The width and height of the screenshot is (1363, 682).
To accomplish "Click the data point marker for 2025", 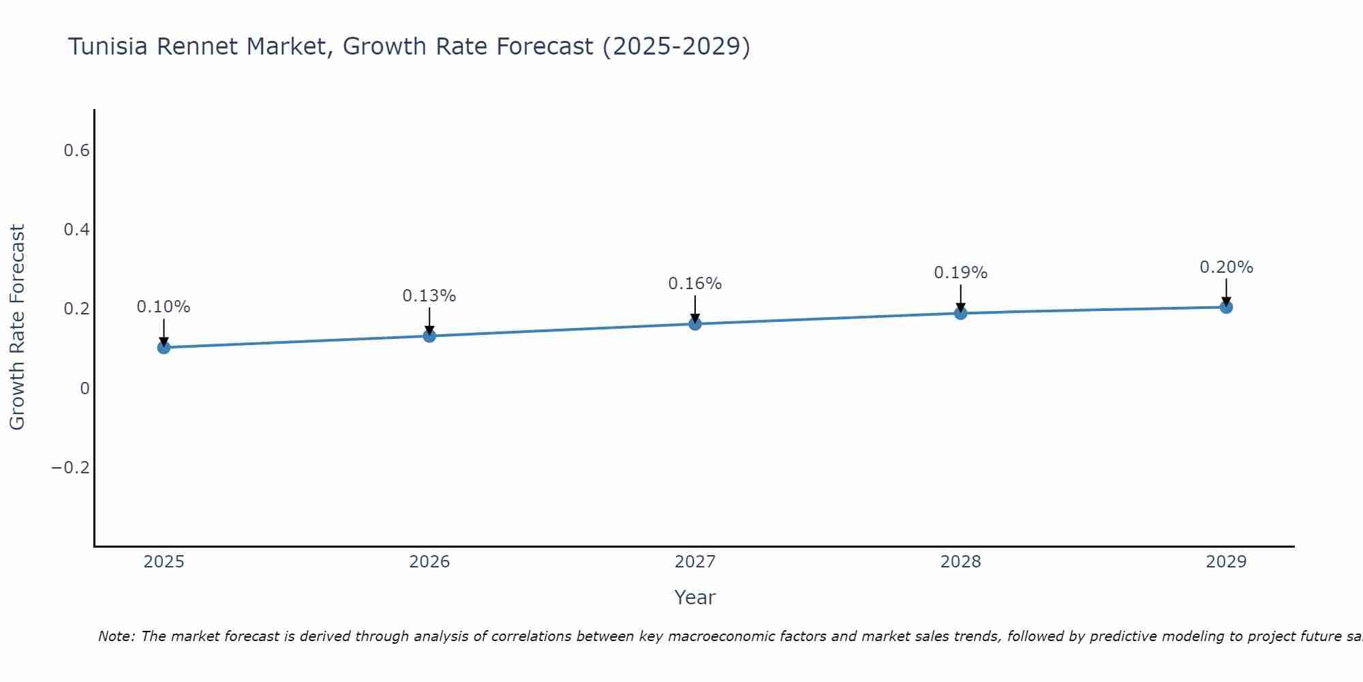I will [x=164, y=347].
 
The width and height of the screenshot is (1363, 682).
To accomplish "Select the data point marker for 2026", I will [x=429, y=336].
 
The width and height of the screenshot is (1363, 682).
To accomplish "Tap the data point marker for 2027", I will [x=695, y=323].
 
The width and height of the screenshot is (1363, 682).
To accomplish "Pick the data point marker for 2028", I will [x=960, y=313].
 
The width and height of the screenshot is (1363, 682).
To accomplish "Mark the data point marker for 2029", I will [x=1226, y=307].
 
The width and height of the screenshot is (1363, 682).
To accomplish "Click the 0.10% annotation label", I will [x=164, y=307].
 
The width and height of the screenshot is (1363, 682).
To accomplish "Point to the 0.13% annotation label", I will [x=429, y=296].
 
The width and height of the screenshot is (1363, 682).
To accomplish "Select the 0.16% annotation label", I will [x=695, y=284].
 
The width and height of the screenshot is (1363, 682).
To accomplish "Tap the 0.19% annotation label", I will [x=960, y=273].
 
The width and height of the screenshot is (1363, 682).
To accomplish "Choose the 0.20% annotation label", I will [x=1226, y=267].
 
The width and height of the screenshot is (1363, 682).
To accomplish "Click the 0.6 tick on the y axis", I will [x=77, y=151].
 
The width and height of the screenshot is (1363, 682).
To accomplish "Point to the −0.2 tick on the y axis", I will [x=70, y=468].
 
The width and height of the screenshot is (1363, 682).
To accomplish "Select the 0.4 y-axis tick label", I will [x=77, y=230].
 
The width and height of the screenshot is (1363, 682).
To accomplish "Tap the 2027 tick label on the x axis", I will [x=695, y=562].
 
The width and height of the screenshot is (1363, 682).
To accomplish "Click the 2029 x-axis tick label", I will [x=1226, y=562].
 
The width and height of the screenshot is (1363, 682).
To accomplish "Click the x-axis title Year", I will [x=695, y=597].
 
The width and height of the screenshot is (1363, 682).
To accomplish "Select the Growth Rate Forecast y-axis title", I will [x=17, y=327].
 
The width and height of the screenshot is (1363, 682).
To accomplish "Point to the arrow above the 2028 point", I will [x=960, y=297].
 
